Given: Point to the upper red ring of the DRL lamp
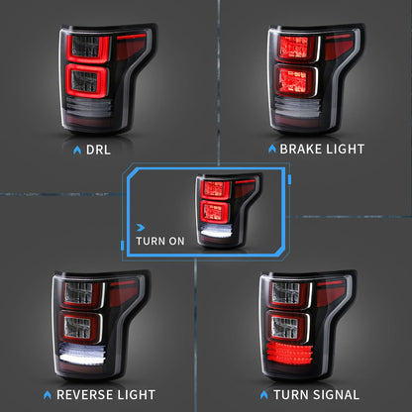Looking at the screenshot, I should click(x=87, y=48).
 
